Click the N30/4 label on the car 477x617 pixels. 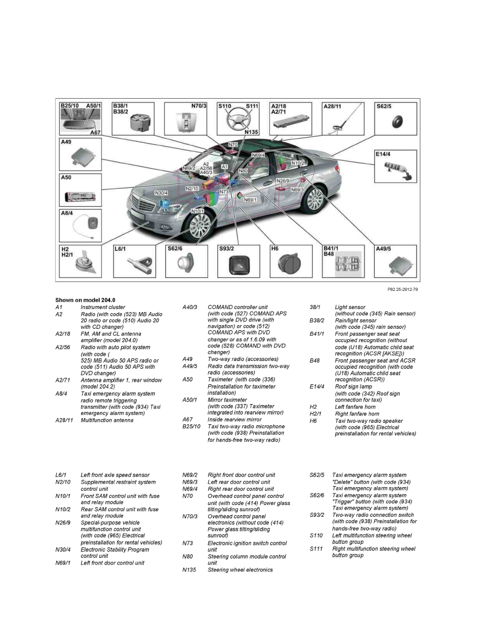click(161, 193)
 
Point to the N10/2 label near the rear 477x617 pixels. click(297, 163)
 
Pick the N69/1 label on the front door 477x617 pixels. click(250, 200)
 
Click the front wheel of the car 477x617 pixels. click(198, 226)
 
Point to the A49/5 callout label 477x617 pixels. click(386, 248)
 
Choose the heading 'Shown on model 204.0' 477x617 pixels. click(85, 300)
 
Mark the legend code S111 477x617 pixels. click(316, 548)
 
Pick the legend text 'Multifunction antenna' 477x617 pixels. click(107, 420)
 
